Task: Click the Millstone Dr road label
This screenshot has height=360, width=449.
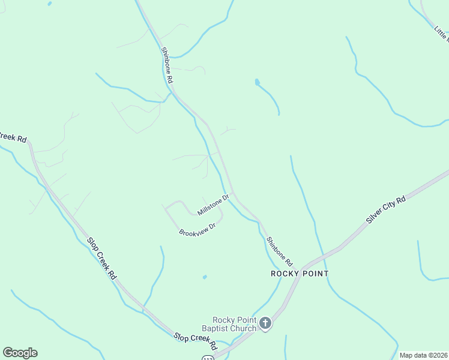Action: (213, 205)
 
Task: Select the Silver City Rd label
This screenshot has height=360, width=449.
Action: (386, 209)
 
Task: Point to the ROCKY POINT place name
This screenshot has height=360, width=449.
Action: (300, 274)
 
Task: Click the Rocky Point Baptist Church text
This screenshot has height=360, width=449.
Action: (235, 324)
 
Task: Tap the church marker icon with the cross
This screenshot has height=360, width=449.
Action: (265, 324)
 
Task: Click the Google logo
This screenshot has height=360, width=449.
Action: (20, 353)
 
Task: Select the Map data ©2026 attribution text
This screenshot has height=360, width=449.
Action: (423, 355)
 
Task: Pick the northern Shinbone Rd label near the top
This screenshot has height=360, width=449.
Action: (167, 65)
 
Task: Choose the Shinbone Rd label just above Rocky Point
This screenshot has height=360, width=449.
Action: (279, 251)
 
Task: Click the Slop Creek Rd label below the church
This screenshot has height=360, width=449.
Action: (195, 339)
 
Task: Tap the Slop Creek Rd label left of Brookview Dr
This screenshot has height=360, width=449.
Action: (101, 258)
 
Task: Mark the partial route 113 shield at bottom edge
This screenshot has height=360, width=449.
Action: (208, 358)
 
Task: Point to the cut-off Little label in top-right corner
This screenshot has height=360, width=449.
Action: (441, 32)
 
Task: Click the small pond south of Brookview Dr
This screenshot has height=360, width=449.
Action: (205, 277)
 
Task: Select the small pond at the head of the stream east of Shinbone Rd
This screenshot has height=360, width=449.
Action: (257, 81)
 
